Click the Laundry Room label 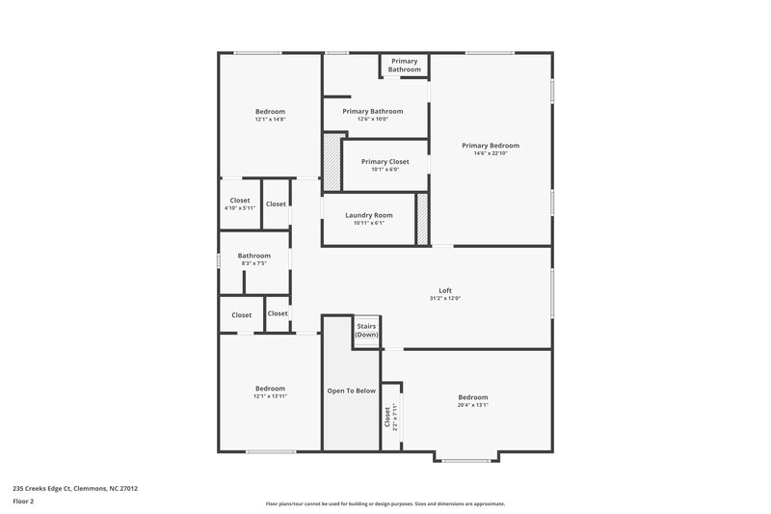pos(369,214)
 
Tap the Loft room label pos(445,290)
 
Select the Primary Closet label pos(385,161)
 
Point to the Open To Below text pos(351,391)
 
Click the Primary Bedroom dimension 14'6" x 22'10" pos(490,153)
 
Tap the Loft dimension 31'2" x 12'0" pos(445,299)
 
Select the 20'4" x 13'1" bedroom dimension pos(472,405)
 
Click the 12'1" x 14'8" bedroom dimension pos(270,120)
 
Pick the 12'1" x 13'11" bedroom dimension pos(270,396)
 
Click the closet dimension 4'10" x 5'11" pos(240,208)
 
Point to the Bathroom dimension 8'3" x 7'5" pos(253,263)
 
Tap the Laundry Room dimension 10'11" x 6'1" pos(369,223)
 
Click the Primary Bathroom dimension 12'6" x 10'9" pos(372,120)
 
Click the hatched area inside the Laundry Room pos(421,219)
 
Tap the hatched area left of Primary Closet pos(332,162)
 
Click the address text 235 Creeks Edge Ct pos(74,488)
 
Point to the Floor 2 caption pos(23,501)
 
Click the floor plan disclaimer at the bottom pos(385,503)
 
